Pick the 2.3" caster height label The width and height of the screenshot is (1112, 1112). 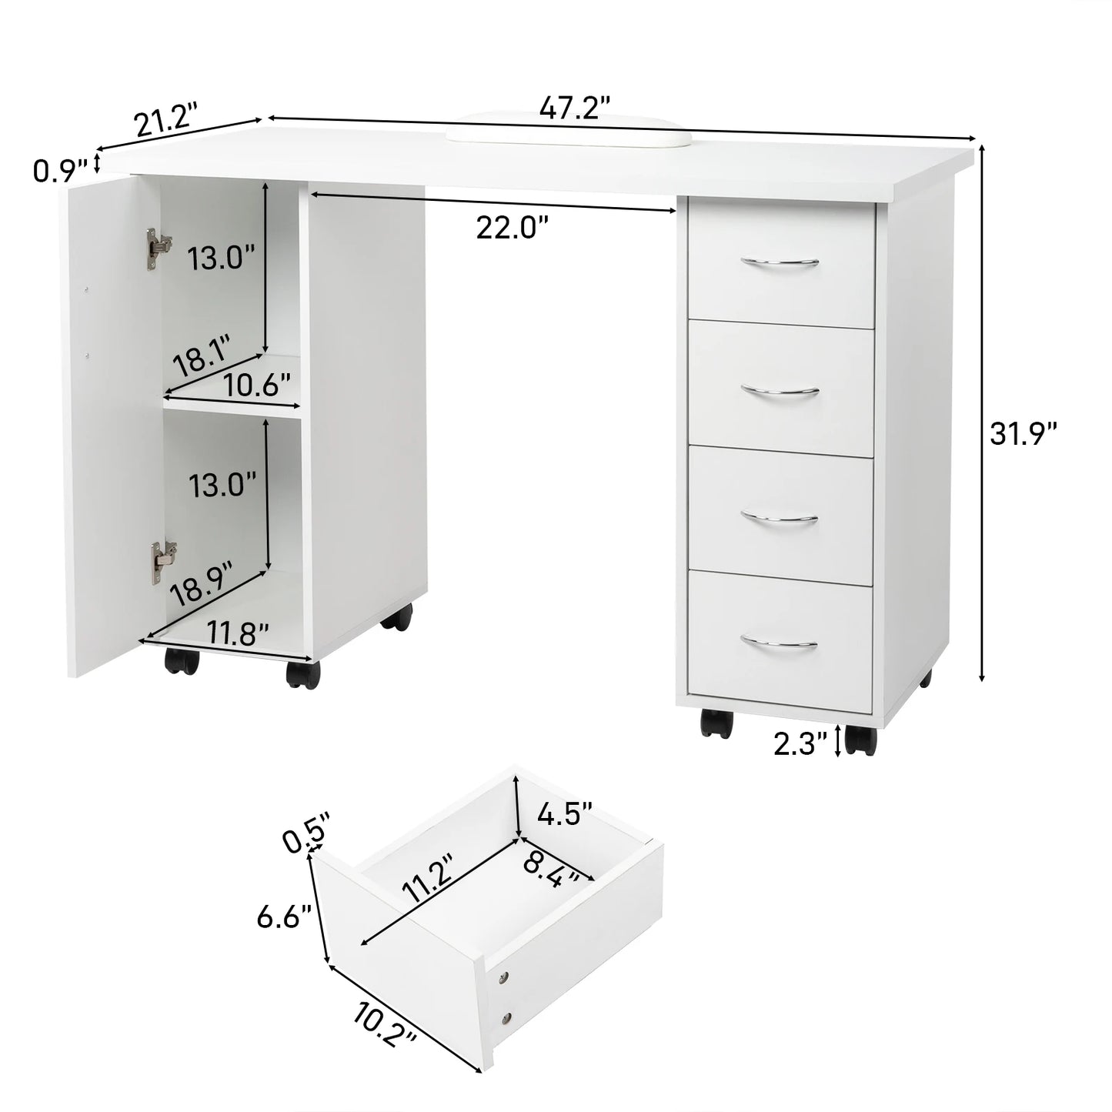click(x=800, y=743)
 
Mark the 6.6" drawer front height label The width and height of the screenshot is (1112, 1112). click(x=284, y=917)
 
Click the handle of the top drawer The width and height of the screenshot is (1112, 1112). click(x=780, y=263)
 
